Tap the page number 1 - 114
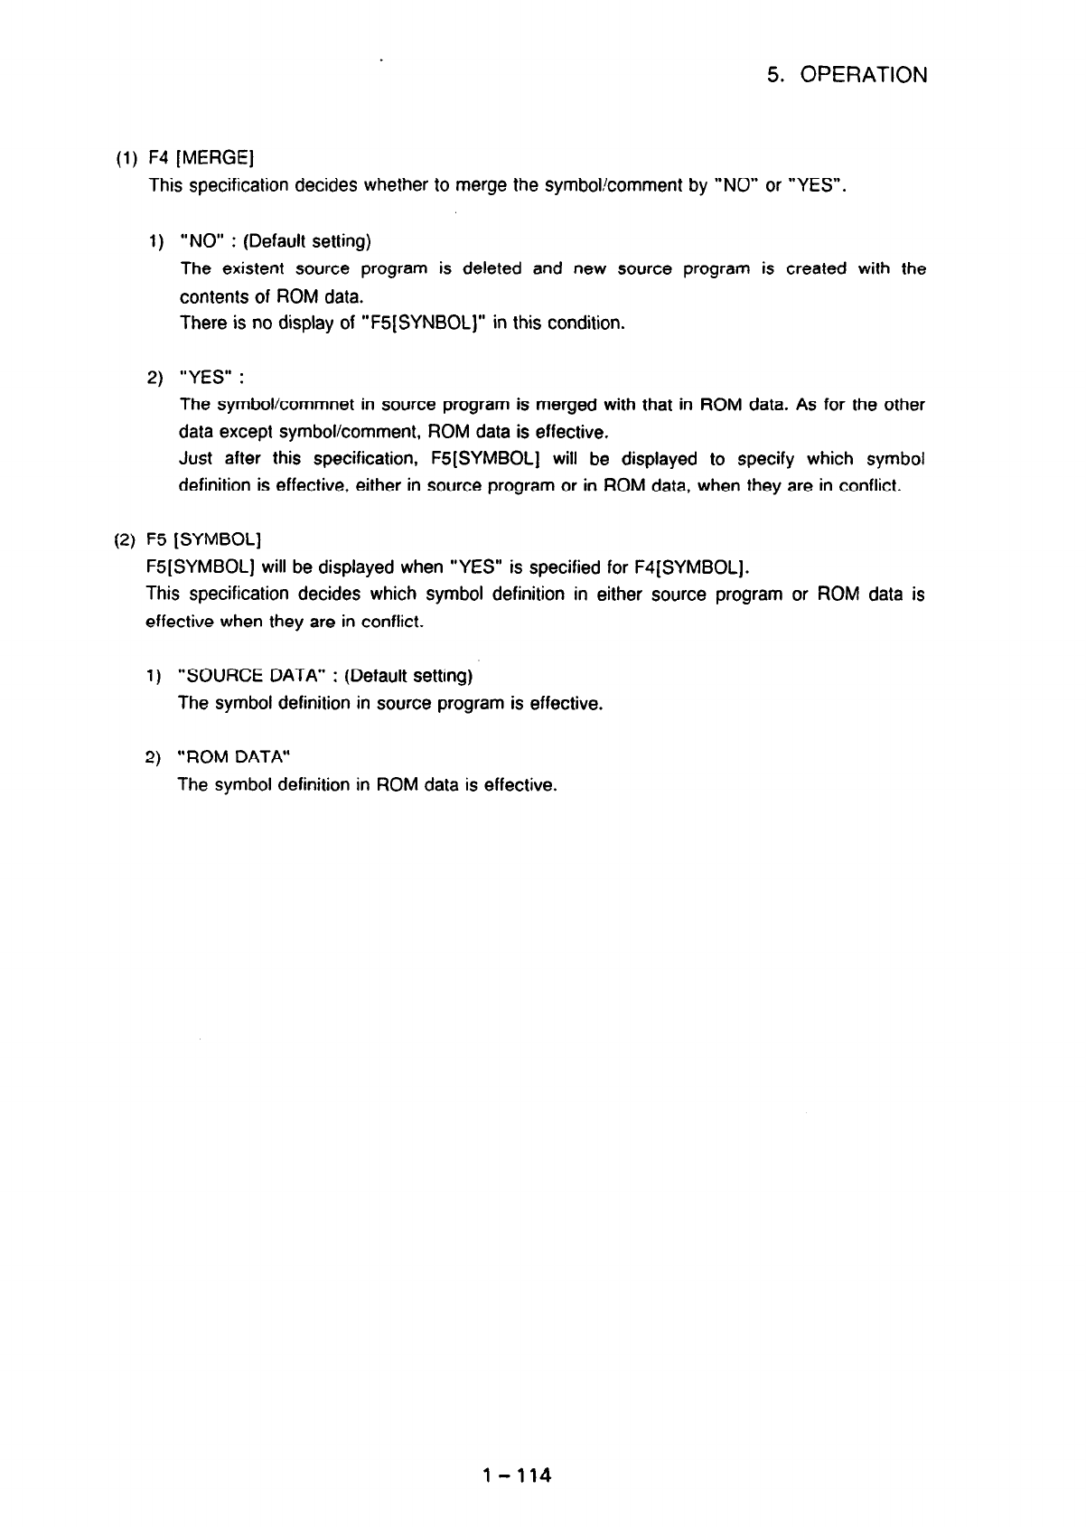click(x=516, y=1476)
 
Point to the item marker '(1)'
click(x=126, y=160)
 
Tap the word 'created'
click(x=817, y=269)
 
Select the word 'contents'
click(x=212, y=296)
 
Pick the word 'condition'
click(x=586, y=323)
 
